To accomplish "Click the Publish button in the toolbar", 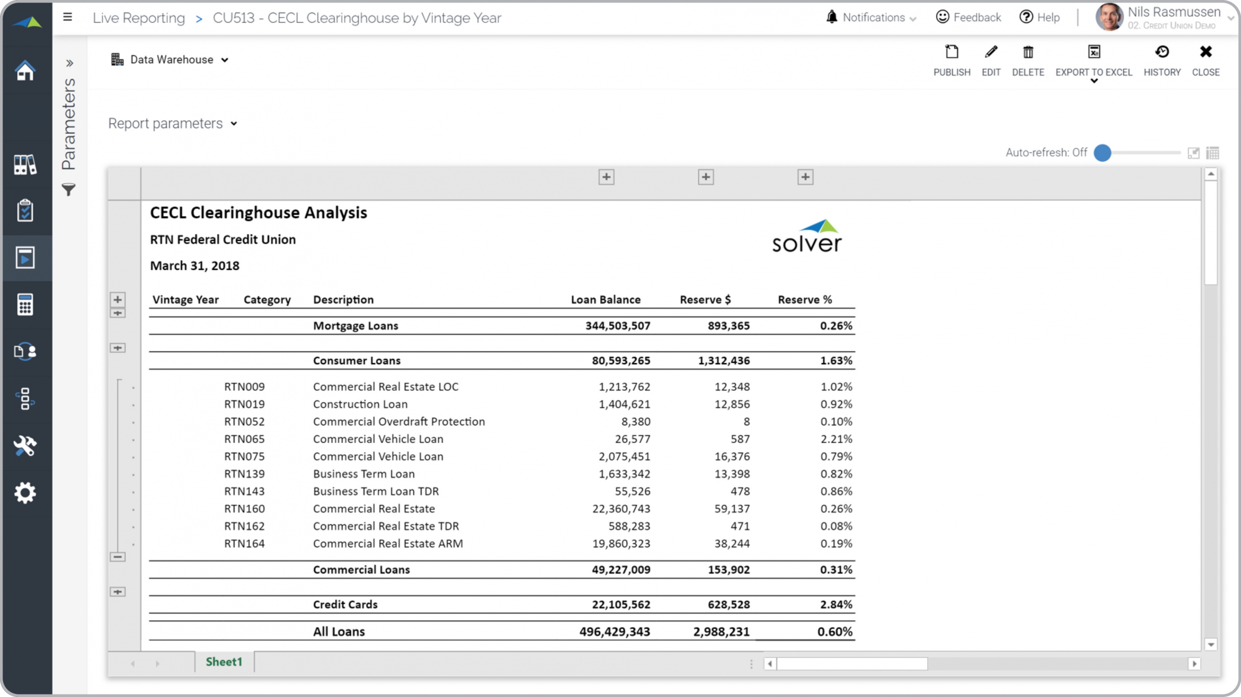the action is [x=952, y=61].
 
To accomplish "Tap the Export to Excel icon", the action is [x=1094, y=52].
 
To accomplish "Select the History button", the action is [x=1162, y=61].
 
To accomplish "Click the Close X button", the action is [x=1206, y=52].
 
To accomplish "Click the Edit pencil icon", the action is [x=991, y=52].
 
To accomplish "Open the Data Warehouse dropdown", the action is [x=170, y=60].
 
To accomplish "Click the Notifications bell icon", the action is [x=831, y=17].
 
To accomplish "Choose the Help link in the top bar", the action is [x=1039, y=17].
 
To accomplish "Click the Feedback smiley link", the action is [x=968, y=17].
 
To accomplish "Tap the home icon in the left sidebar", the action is [x=25, y=71].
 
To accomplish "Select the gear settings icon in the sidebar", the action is [x=25, y=493].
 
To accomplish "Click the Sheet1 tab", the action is [x=224, y=662].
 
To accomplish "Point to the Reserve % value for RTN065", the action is [x=836, y=439].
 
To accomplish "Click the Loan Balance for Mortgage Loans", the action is [x=618, y=325].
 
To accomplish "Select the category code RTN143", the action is [x=244, y=491].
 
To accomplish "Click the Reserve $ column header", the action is [x=705, y=299].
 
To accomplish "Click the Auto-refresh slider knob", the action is [x=1102, y=153].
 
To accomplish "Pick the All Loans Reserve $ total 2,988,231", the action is [x=721, y=632].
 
